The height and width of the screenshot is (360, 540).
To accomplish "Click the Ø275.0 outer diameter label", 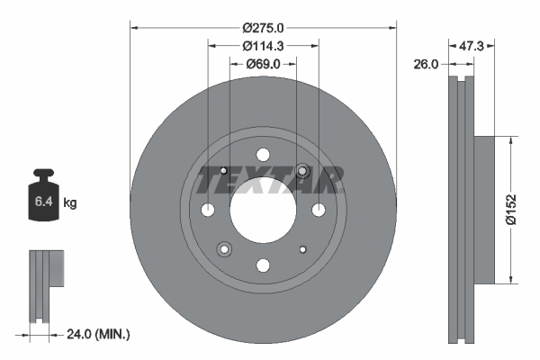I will click(263, 28).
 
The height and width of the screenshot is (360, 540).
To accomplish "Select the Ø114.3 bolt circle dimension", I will click(263, 46).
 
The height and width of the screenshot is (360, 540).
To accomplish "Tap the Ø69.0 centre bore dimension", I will click(263, 64).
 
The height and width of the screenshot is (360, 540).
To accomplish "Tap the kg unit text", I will click(70, 203).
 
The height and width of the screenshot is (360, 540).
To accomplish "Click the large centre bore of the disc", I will click(263, 210).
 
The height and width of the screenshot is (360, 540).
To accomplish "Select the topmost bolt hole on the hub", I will click(263, 155).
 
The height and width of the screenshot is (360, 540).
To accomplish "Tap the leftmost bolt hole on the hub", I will click(208, 210).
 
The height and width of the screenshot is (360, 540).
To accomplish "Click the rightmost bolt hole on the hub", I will click(318, 210).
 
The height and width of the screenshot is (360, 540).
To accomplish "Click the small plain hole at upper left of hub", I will click(224, 171).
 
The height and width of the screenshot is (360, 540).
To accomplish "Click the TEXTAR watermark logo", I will click(269, 182).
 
